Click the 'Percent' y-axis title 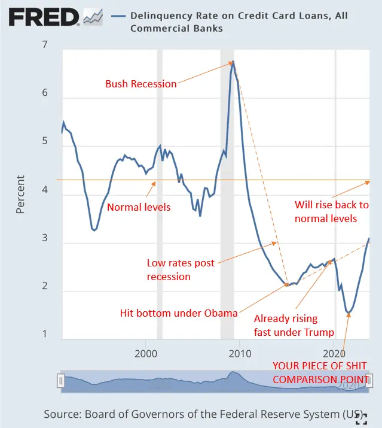point(21,194)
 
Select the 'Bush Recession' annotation point(141,84)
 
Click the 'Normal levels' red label point(139,207)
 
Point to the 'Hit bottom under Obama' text point(179,312)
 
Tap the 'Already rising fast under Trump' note point(294,326)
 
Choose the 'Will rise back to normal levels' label point(332,212)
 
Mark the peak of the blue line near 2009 point(233,61)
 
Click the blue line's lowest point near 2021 point(349,312)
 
